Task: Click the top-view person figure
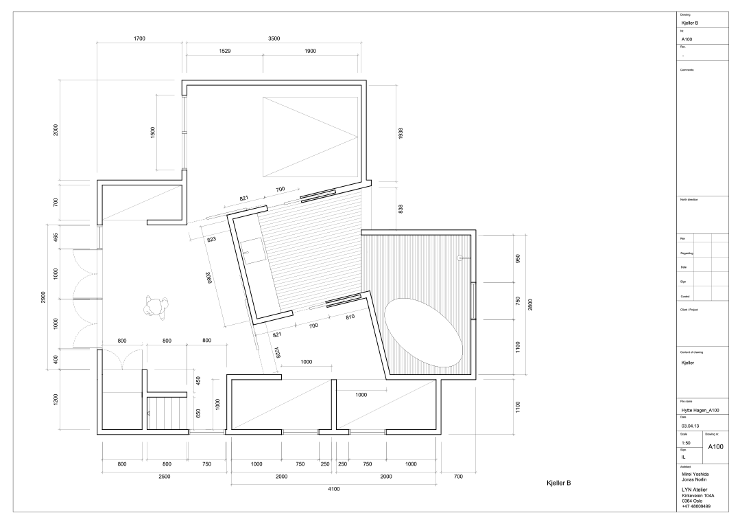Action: [156, 307]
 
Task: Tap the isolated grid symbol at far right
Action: [702, 266]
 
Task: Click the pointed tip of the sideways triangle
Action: [357, 137]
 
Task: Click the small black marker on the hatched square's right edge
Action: [460, 258]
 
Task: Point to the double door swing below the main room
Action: [123, 358]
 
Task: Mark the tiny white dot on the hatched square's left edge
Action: [367, 252]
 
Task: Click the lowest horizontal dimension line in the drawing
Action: [334, 484]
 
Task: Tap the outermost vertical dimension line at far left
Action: [47, 297]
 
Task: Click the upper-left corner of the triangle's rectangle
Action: [263, 98]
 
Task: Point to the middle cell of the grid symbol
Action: [702, 266]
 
